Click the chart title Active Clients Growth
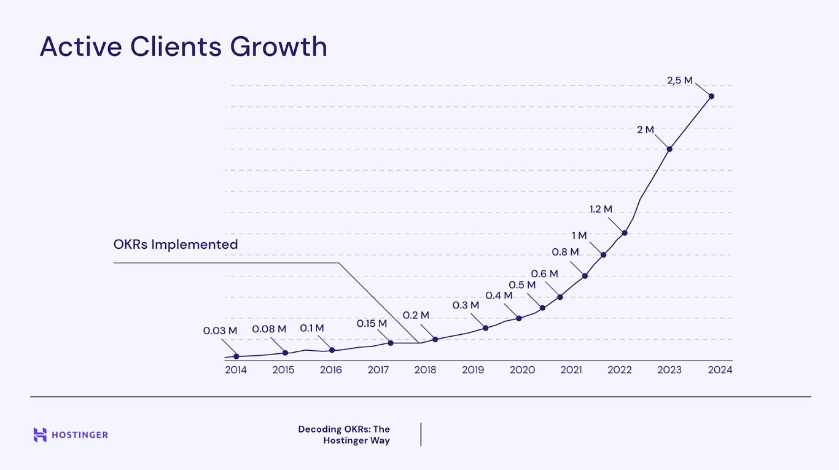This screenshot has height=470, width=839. pos(183,47)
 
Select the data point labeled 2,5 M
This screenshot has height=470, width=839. pos(711,96)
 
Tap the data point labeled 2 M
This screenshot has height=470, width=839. pos(669,149)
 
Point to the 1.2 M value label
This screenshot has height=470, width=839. pos(601,209)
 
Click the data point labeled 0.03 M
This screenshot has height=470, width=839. pos(236,356)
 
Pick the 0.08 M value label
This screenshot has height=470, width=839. pos(269,329)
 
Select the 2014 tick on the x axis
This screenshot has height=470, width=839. pos(236,370)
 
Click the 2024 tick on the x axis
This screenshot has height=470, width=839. pos(720,370)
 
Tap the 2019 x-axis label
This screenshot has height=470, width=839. pos(473,370)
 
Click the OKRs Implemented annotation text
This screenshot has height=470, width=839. pos(176,244)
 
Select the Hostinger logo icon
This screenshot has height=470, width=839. pos(40,435)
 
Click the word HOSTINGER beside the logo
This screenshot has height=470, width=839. pos(80,435)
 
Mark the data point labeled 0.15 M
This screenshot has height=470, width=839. pos(391,343)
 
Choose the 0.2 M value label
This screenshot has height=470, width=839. pos(416,315)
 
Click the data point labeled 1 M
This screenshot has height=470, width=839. pos(604,254)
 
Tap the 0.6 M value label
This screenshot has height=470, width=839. pos(545,273)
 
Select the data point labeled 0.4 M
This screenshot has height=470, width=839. pos(519,318)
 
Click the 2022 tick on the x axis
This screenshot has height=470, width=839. pos(620,370)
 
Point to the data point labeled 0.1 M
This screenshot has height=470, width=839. pos(332,350)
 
